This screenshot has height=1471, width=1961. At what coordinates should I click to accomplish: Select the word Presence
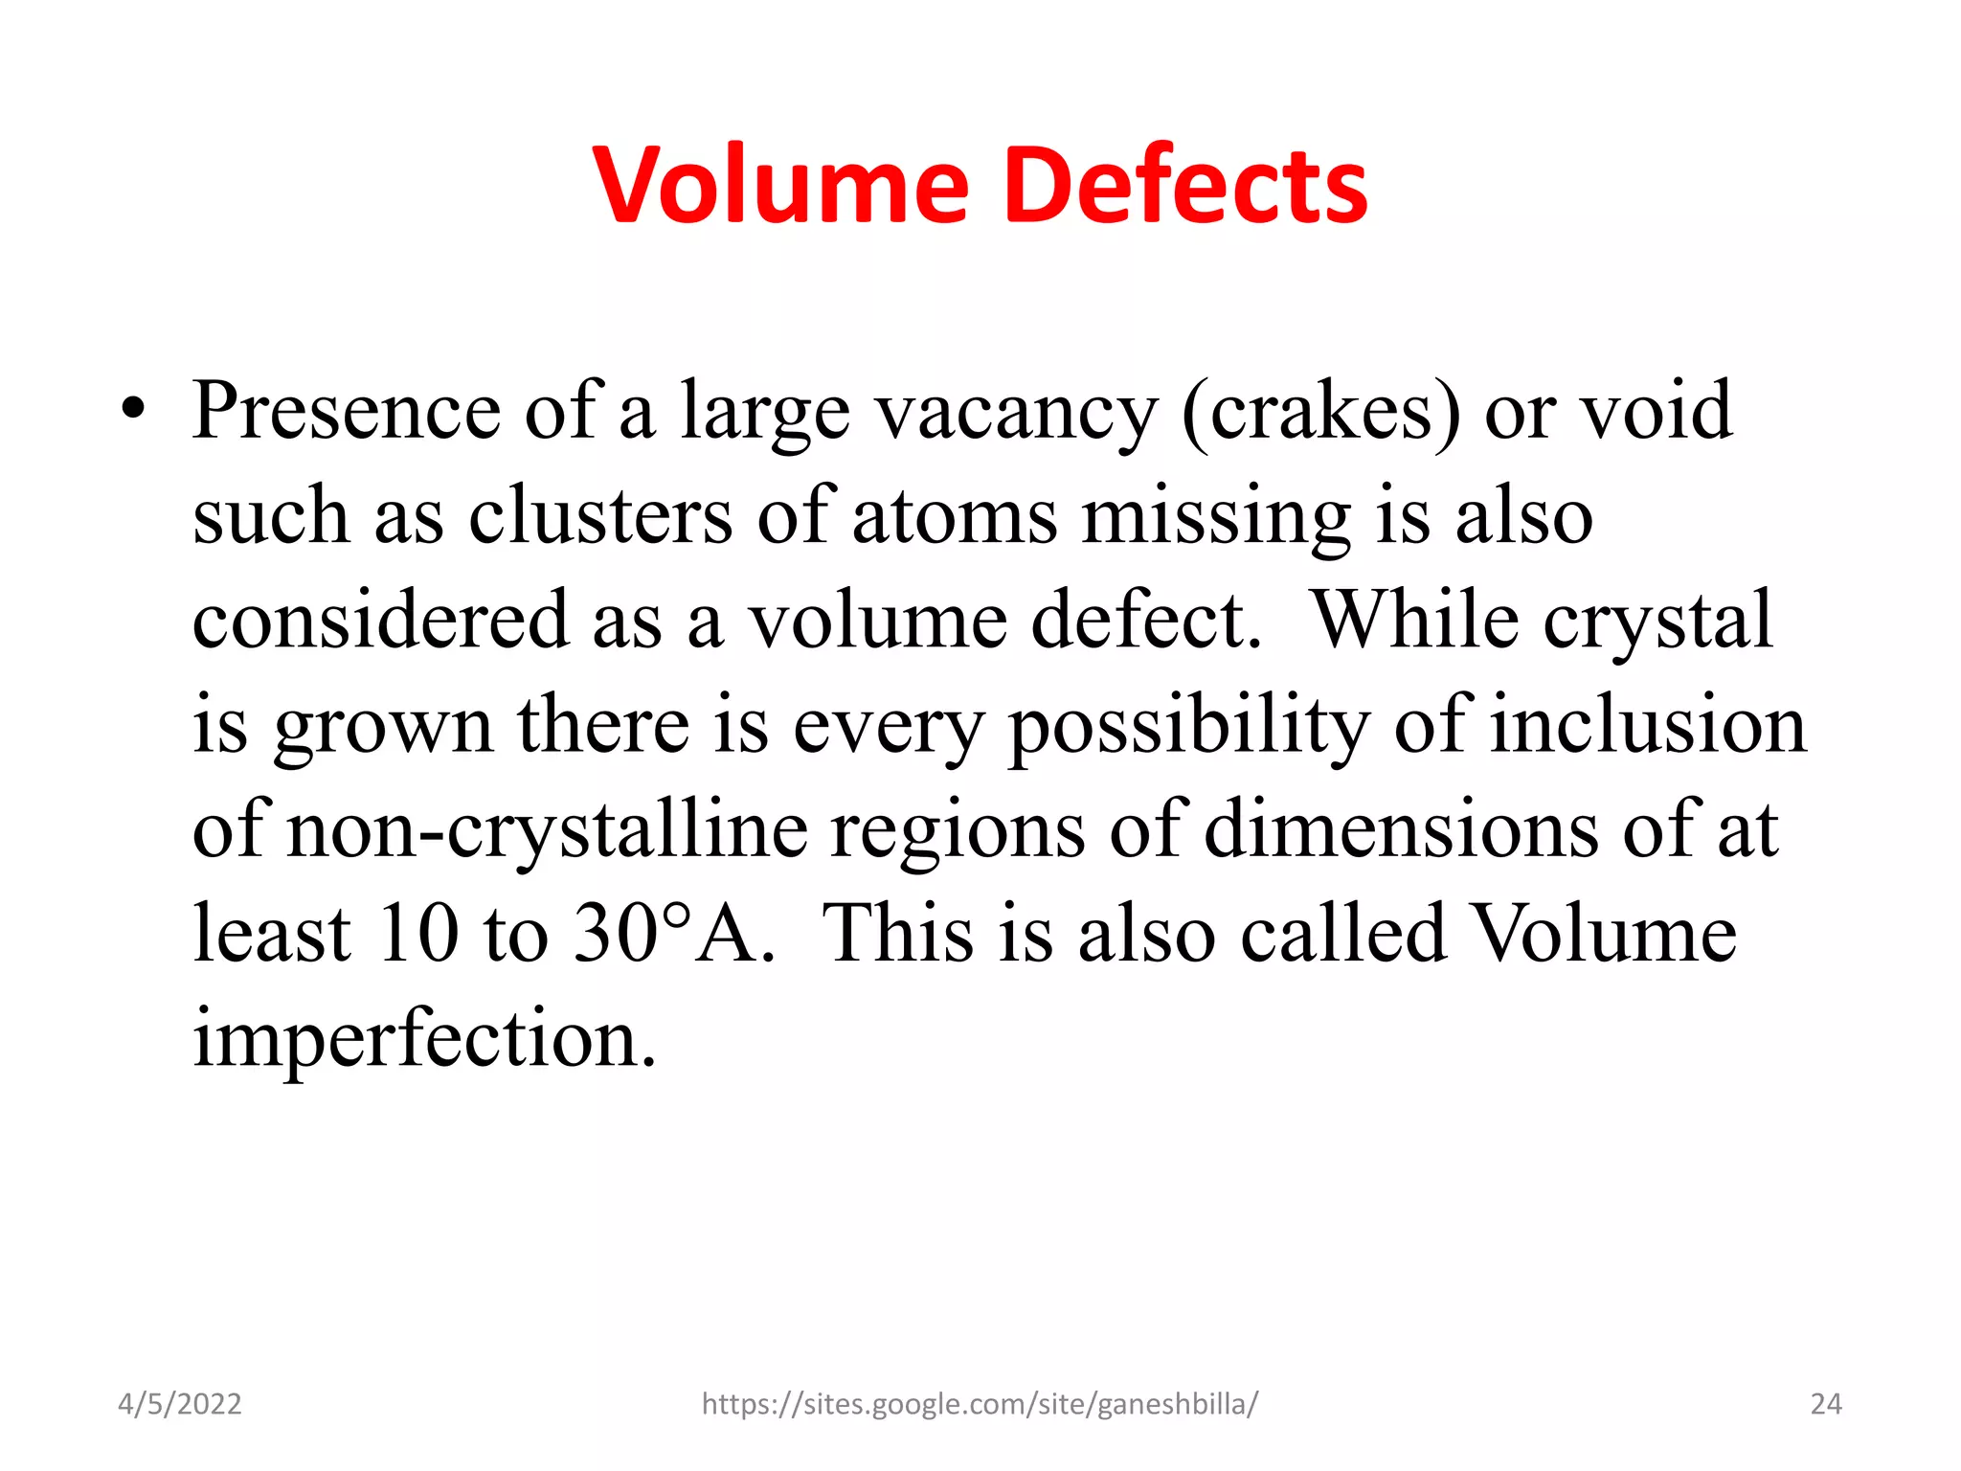pos(346,412)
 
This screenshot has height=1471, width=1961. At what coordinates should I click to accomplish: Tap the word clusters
pos(600,517)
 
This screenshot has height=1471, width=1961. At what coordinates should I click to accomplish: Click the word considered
pos(380,621)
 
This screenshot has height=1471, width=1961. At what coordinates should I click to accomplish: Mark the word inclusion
pos(1648,725)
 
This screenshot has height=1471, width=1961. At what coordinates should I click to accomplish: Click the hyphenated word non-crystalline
pos(548,830)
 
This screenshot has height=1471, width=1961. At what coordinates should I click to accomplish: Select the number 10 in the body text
pos(418,934)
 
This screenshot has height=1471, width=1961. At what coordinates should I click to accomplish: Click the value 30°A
pos(674,934)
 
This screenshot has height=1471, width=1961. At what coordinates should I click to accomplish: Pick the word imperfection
pos(424,1040)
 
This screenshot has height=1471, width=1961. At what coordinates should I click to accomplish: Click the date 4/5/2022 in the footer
pos(180,1404)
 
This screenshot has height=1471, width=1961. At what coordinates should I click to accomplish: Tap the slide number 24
pos(1826,1404)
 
